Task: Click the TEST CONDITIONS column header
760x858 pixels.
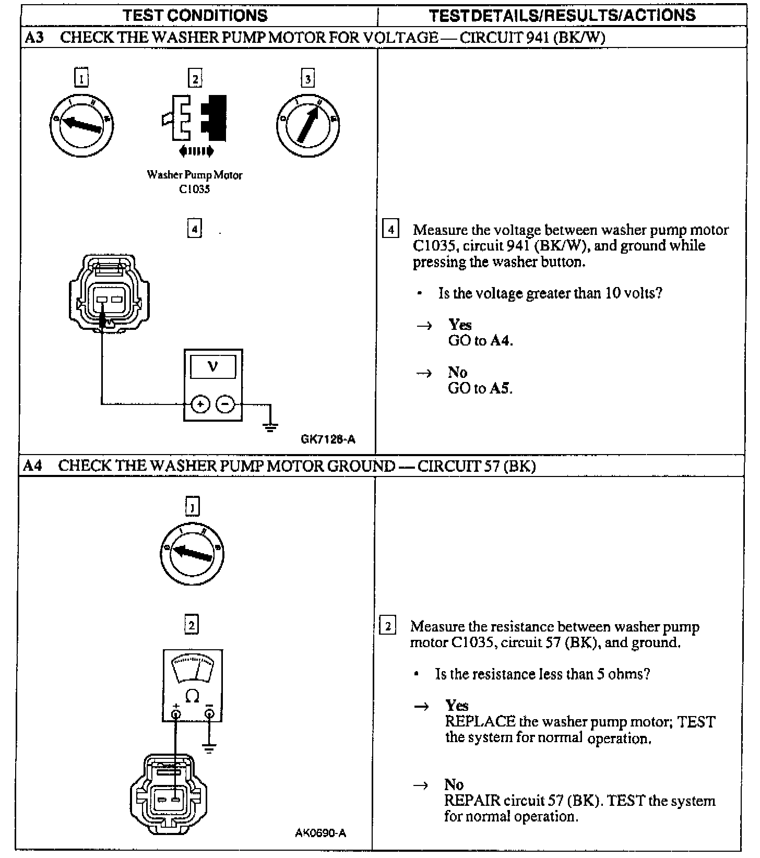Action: pos(195,15)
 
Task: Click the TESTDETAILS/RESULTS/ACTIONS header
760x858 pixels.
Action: pos(562,15)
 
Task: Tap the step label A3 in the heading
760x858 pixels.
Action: pos(34,38)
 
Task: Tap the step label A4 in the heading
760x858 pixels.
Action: pos(32,466)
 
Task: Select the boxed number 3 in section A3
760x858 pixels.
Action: pos(308,79)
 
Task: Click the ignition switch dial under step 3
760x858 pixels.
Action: pos(307,125)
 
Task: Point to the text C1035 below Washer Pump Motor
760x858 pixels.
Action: pos(194,189)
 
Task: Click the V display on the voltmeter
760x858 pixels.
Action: pos(212,367)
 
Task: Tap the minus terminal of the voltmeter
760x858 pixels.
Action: pos(225,404)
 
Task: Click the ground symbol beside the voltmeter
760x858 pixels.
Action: pos(270,427)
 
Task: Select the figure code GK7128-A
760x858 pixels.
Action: pos(328,439)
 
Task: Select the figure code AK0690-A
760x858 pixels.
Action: pos(320,832)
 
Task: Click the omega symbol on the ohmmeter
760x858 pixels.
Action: pos(192,696)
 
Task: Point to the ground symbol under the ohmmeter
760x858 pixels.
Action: pos(209,748)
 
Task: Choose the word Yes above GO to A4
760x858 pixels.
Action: pos(460,325)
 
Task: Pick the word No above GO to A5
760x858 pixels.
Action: pos(457,372)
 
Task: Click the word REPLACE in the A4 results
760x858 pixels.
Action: pos(473,722)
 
